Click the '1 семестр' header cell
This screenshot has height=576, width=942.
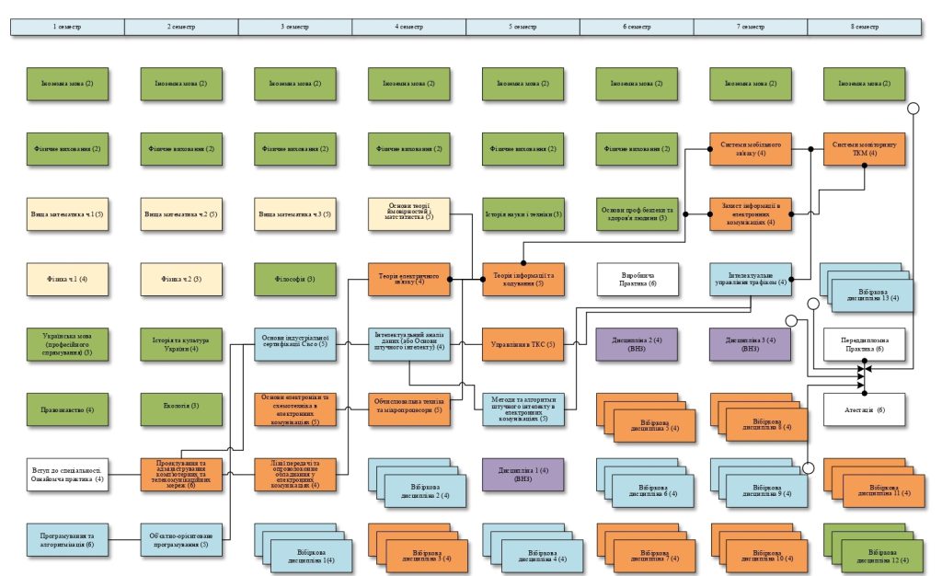pos(67,27)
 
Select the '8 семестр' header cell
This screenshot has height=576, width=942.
pos(865,27)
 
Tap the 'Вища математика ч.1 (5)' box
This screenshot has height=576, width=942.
pos(67,213)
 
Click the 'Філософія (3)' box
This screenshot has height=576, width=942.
pos(294,279)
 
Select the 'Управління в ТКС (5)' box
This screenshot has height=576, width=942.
pos(523,344)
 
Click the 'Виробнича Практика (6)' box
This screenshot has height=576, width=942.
pos(638,279)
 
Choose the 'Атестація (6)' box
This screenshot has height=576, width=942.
pos(864,409)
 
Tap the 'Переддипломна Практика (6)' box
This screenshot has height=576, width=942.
pos(864,344)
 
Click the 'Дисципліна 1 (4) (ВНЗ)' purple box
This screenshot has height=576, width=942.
pos(523,475)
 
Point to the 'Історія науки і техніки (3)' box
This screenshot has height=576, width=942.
pos(523,213)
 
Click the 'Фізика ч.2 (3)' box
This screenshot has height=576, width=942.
pos(181,279)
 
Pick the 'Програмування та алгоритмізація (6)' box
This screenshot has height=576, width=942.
pos(67,540)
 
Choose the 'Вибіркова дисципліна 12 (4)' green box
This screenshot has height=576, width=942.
pos(875,553)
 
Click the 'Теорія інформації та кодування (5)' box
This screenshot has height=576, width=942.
pos(523,279)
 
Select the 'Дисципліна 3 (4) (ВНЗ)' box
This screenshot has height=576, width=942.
pos(750,344)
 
